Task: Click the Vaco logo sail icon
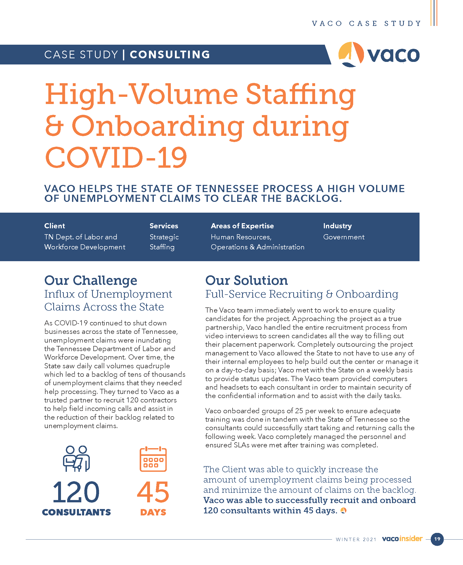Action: click(x=351, y=54)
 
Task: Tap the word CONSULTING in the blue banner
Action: click(x=170, y=55)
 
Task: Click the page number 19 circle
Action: click(x=437, y=539)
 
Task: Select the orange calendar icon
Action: click(x=153, y=459)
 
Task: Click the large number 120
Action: click(x=76, y=492)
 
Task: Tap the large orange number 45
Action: click(x=153, y=492)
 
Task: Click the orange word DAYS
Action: click(x=153, y=512)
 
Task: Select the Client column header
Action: click(x=55, y=226)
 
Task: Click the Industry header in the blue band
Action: click(x=337, y=226)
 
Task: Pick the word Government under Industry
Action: click(x=344, y=237)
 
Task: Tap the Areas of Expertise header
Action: click(x=242, y=226)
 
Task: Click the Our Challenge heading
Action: click(x=91, y=280)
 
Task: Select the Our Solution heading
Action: click(x=246, y=280)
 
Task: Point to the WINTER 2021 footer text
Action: click(x=356, y=539)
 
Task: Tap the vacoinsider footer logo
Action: click(x=402, y=539)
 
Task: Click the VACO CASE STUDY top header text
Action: click(x=367, y=23)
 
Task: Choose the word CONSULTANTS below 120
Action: click(x=76, y=512)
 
